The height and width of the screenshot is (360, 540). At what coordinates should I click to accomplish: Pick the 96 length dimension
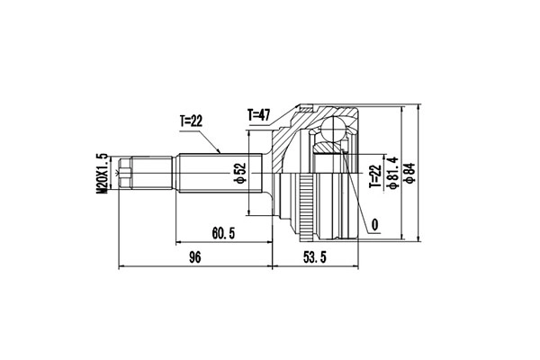click(195, 258)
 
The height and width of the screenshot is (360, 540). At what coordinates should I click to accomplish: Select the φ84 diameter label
click(409, 169)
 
